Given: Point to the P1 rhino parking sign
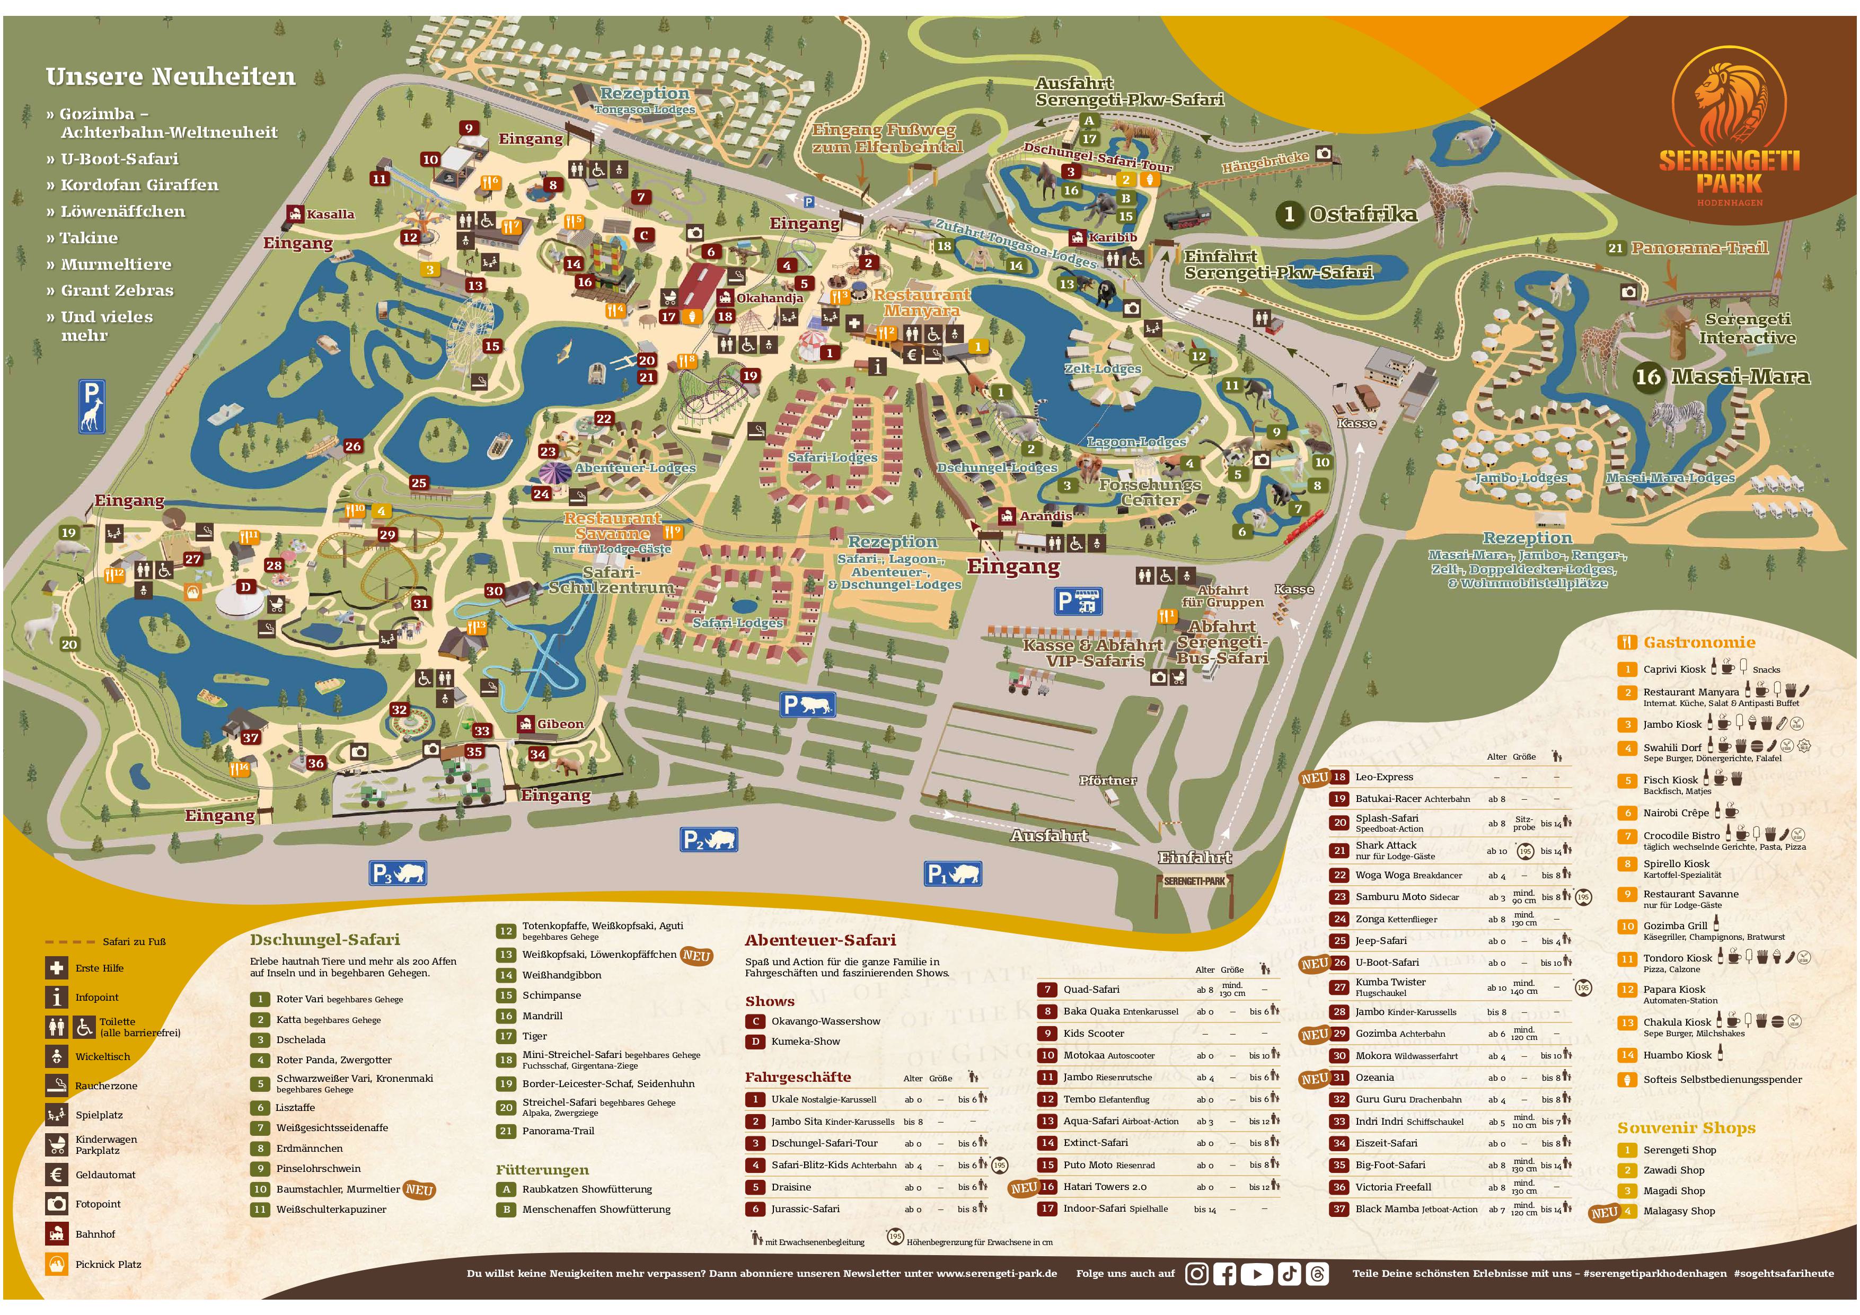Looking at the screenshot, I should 953,873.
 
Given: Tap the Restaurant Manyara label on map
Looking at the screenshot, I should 921,302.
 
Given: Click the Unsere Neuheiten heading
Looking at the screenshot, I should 170,77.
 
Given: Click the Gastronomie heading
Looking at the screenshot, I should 1698,642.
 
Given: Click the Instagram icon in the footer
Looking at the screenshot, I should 1196,1274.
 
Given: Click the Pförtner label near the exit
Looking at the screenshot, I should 1107,780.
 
